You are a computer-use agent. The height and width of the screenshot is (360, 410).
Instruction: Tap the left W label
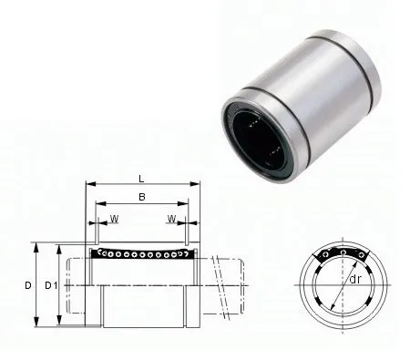114,218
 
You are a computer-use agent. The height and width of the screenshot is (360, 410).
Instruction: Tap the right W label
171,218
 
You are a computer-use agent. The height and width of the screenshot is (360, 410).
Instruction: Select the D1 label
52,285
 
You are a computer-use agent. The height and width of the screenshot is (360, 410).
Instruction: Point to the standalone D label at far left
28,285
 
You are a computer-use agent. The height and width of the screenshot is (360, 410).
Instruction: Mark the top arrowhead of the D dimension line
36,245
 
